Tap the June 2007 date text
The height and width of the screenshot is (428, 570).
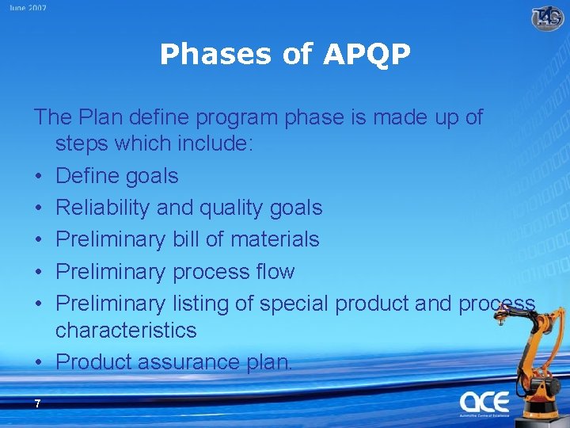pos(28,8)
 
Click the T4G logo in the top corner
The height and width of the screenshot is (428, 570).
pos(547,17)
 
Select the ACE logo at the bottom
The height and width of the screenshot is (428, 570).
pos(484,402)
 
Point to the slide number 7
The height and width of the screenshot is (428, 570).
pos(37,404)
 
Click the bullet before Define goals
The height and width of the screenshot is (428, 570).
pos(39,176)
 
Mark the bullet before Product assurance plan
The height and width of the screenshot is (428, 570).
pos(39,362)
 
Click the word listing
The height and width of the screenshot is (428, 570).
pos(208,304)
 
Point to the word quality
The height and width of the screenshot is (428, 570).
pos(231,208)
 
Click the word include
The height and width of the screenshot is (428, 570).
pos(211,143)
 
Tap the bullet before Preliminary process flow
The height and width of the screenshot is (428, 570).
pos(39,272)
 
